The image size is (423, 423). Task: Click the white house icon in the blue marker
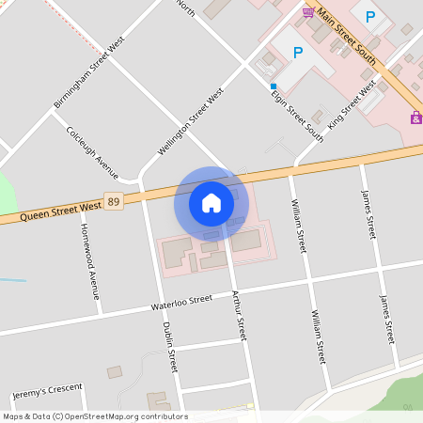tap(211, 202)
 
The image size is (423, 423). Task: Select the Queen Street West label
tap(52, 211)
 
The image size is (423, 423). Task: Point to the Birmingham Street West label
tap(90, 72)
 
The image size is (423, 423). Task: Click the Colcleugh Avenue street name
tap(92, 152)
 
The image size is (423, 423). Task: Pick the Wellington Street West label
tap(191, 122)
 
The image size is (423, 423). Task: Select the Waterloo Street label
tap(182, 303)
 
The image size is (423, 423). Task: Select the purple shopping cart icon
tap(308, 11)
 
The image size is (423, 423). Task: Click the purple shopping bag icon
tap(415, 117)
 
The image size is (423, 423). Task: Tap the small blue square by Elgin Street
tap(274, 86)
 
